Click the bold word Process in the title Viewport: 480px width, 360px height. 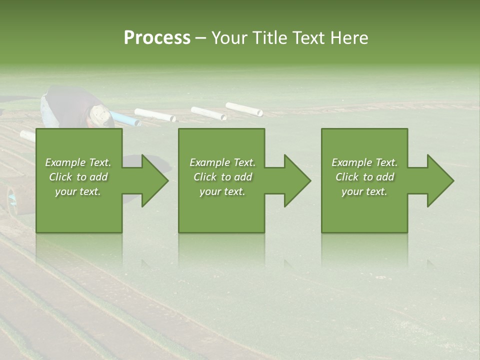click(157, 38)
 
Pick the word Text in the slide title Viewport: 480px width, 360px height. click(309, 38)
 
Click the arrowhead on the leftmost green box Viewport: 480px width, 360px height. click(152, 180)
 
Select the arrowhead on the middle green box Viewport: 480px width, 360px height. click(295, 180)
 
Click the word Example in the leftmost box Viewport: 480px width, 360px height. click(65, 162)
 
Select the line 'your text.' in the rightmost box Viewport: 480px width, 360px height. click(364, 191)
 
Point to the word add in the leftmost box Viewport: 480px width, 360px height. click(99, 177)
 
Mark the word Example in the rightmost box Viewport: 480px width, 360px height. click(352, 162)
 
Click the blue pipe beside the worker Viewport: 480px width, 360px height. click(124, 119)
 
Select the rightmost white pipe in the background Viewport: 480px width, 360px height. click(244, 109)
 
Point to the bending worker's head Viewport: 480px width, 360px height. click(98, 115)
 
